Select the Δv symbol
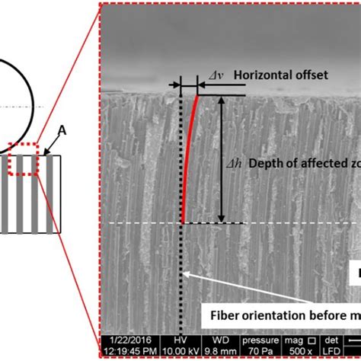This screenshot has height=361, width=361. [216, 75]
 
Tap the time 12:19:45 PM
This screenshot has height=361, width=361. [126, 351]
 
